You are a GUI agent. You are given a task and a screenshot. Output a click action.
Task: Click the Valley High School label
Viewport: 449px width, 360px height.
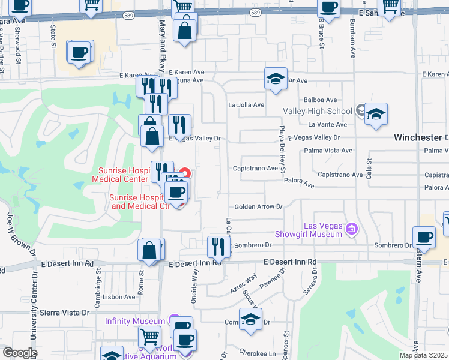pyautogui.click(x=318, y=111)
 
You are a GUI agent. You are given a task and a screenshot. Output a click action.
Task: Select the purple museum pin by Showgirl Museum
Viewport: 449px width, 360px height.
pyautogui.click(x=352, y=228)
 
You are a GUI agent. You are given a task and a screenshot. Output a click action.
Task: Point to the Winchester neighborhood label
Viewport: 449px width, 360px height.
pyautogui.click(x=417, y=137)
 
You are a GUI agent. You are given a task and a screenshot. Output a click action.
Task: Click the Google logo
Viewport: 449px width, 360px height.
pyautogui.click(x=20, y=353)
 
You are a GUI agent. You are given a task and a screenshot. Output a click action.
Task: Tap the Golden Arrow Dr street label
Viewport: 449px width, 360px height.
pyautogui.click(x=258, y=206)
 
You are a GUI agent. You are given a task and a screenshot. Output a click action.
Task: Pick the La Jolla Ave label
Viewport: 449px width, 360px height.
pyautogui.click(x=246, y=105)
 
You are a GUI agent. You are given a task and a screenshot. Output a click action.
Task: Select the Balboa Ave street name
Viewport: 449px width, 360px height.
pyautogui.click(x=321, y=100)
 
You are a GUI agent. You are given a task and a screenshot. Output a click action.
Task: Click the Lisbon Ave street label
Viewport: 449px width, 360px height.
pyautogui.click(x=119, y=297)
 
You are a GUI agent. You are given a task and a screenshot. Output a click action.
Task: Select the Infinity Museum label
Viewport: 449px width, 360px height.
pyautogui.click(x=135, y=321)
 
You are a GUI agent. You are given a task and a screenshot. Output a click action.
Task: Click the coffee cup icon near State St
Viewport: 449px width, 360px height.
pyautogui.click(x=79, y=53)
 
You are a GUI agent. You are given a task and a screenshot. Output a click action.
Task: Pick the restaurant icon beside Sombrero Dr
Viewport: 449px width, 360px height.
pyautogui.click(x=218, y=247)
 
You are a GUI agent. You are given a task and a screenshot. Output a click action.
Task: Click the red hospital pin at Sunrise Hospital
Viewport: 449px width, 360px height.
pyautogui.click(x=185, y=174)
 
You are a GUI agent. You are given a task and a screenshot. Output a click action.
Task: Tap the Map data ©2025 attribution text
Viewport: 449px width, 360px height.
pyautogui.click(x=424, y=355)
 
